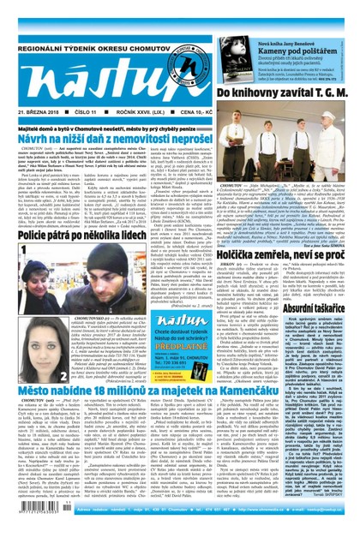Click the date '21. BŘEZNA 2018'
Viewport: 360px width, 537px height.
click(x=34, y=110)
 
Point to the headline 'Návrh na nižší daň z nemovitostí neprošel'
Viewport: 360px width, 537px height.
click(x=119, y=135)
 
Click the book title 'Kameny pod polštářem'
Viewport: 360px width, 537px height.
click(x=308, y=28)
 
